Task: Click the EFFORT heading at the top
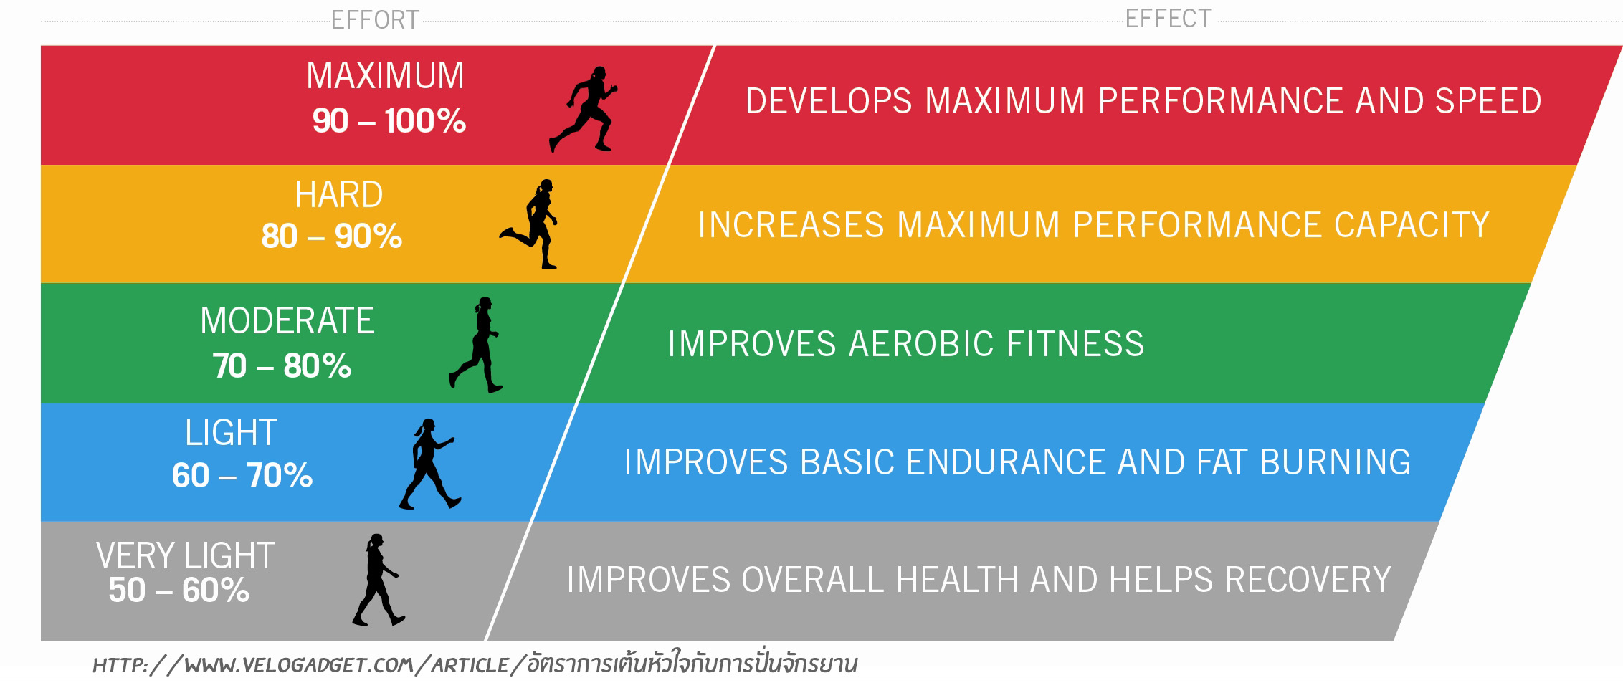375,19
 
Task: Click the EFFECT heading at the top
1168,18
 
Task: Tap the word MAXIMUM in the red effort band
385,75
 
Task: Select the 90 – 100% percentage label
389,120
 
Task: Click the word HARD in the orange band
338,195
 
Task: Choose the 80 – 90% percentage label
331,236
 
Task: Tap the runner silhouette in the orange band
531,224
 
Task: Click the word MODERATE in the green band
287,320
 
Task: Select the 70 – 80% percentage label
282,365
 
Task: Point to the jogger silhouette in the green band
477,345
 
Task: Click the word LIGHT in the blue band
231,433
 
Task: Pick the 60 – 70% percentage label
242,475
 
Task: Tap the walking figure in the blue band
429,464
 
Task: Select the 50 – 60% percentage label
179,591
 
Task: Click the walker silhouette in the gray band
378,580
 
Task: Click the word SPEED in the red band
1488,101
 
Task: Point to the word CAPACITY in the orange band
1412,225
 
